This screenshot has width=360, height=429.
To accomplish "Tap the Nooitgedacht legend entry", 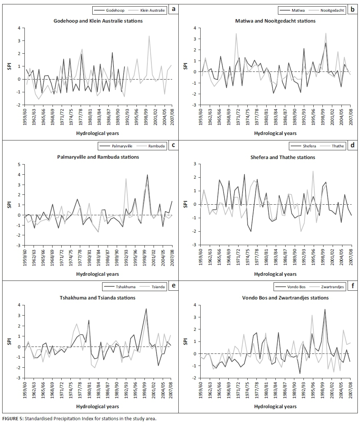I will coord(332,10).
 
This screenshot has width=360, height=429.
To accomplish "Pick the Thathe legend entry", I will coord(337,146).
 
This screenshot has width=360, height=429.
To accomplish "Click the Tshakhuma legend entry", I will coord(127,287).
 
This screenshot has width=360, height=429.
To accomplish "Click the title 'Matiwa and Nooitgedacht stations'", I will coord(275,21).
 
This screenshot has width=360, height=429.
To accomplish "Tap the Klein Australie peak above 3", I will coord(149,36).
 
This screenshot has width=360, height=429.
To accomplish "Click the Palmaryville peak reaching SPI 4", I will coord(147,175).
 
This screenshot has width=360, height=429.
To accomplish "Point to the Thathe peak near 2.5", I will coord(313,171).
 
